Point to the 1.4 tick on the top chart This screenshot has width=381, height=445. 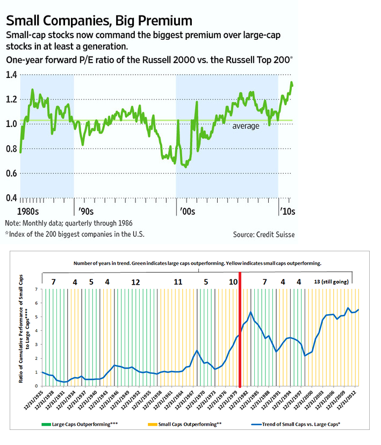pyautogui.click(x=11, y=74)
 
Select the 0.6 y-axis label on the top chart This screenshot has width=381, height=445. pyautogui.click(x=11, y=173)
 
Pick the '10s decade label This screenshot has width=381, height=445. pyautogui.click(x=287, y=211)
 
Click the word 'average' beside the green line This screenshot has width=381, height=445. pyautogui.click(x=246, y=126)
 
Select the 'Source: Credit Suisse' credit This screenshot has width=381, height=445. pyautogui.click(x=264, y=234)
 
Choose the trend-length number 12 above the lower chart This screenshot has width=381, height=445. pyautogui.click(x=135, y=281)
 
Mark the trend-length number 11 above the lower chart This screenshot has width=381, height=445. pyautogui.click(x=178, y=281)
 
